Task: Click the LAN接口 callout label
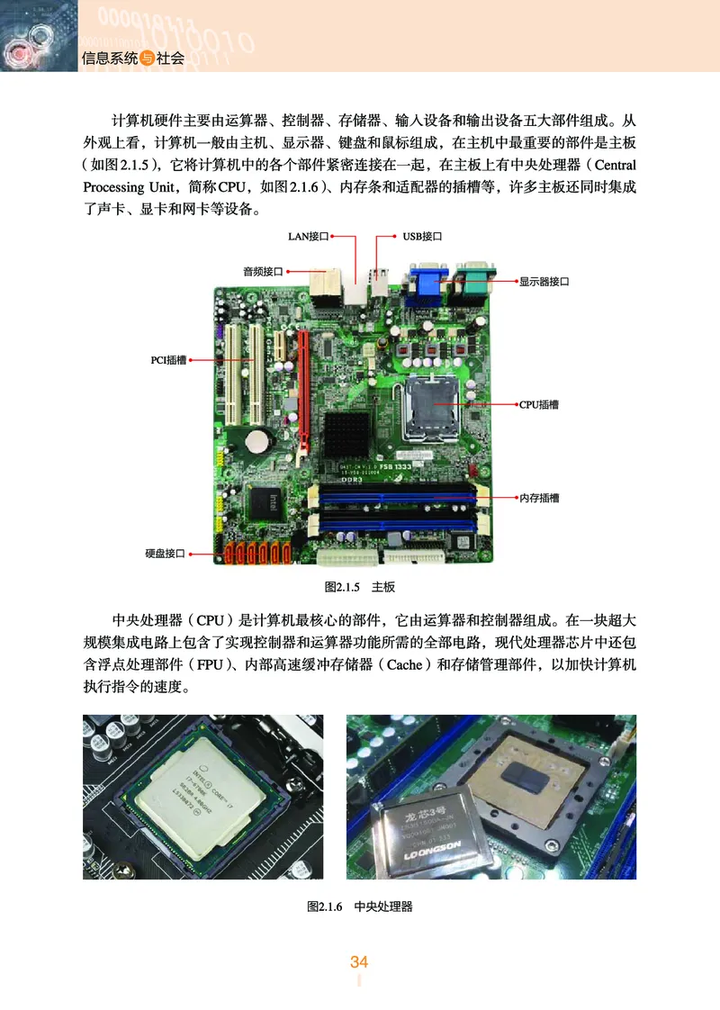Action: [x=308, y=237]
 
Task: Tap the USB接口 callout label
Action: [x=423, y=237]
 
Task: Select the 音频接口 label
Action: [x=263, y=270]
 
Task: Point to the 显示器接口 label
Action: [x=544, y=282]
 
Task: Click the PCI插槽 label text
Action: [x=168, y=360]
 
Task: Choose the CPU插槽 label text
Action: [x=539, y=405]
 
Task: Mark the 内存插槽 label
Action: [x=539, y=497]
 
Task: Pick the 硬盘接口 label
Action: [x=165, y=553]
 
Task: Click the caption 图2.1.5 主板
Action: [x=359, y=587]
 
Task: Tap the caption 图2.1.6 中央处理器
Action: [x=359, y=906]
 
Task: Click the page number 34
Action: [x=359, y=962]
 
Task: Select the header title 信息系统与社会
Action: [x=132, y=59]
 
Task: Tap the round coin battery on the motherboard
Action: [x=261, y=440]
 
